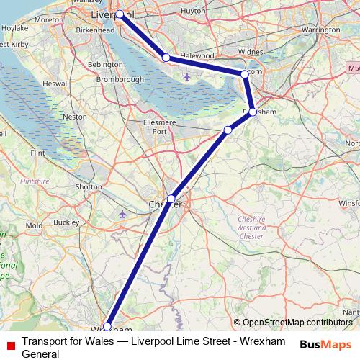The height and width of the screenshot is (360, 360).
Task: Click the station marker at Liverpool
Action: [x=120, y=14]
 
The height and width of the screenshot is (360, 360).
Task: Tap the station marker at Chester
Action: [x=171, y=199]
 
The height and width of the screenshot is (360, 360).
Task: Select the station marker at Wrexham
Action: [x=107, y=327]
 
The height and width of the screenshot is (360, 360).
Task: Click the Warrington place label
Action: [x=320, y=30]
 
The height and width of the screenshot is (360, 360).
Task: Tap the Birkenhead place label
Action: [x=95, y=31]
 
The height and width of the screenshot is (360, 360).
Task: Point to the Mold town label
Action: [x=33, y=226]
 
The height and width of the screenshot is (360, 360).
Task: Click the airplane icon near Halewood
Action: [x=188, y=76]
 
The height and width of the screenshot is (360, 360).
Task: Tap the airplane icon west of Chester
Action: [x=122, y=214]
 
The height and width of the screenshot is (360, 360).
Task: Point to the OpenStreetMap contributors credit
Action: [x=297, y=323]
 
